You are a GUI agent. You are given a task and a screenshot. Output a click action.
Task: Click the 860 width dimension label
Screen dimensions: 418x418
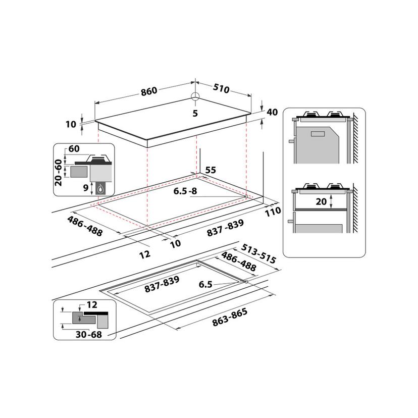click(149, 91)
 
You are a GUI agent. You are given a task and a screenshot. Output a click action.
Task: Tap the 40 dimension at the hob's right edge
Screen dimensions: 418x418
click(272, 112)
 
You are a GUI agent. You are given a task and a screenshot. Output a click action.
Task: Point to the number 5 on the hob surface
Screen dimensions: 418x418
click(195, 113)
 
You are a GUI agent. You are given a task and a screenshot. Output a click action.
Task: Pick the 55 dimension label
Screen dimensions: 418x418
click(211, 171)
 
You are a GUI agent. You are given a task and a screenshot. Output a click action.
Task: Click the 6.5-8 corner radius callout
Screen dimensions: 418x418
click(186, 192)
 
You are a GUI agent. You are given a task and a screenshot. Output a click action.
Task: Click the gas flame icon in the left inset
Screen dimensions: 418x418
click(101, 189)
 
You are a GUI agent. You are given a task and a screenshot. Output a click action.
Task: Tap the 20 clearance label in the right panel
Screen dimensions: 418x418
click(336, 201)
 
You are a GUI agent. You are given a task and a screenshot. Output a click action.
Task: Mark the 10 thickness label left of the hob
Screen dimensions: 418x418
click(71, 124)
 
